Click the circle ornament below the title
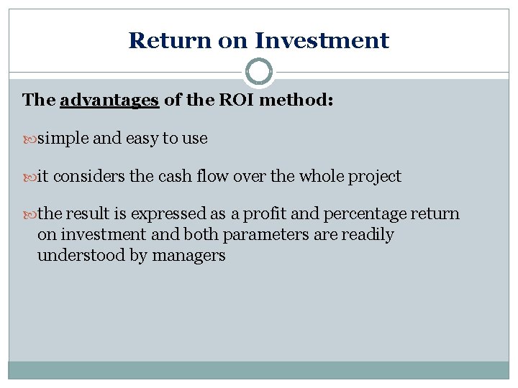(259, 72)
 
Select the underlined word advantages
(109, 100)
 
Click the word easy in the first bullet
(142, 139)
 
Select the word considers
(84, 177)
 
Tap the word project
(374, 177)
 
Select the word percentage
(365, 215)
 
